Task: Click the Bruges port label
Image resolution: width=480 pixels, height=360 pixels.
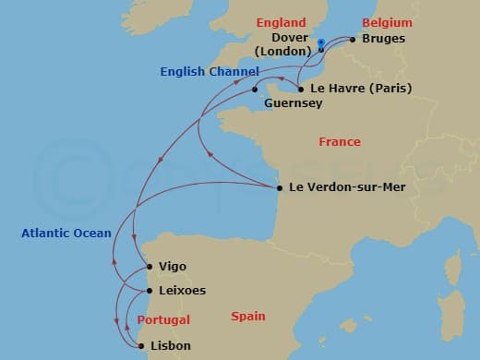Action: coord(384,40)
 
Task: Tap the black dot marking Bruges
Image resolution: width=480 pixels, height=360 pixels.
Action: coord(353,40)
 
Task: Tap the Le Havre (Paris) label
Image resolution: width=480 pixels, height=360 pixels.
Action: coord(361,89)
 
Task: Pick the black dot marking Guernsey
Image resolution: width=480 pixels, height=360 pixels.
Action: coord(255,90)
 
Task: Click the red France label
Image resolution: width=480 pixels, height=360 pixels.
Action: coord(339,142)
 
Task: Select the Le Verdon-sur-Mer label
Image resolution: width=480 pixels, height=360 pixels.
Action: coord(346,187)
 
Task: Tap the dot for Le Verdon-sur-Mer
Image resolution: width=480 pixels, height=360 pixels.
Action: coord(280,188)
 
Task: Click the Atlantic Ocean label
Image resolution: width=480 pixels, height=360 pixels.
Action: coord(66,234)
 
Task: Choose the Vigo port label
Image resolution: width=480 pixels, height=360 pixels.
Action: coord(173,267)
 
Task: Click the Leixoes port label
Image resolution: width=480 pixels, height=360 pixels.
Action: coord(182,291)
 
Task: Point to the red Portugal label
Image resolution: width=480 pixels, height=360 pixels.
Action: coord(162,320)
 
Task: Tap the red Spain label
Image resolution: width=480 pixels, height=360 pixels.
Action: coord(248,317)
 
